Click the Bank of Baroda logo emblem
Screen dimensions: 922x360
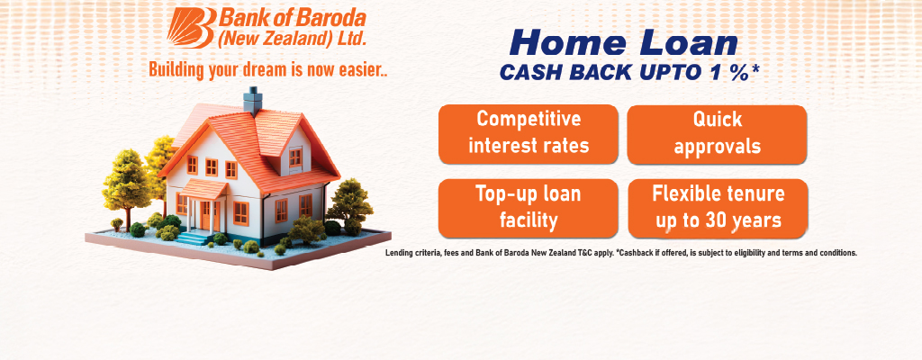tap(191, 27)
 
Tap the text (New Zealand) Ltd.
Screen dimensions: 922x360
tap(293, 39)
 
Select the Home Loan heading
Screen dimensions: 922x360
tap(624, 44)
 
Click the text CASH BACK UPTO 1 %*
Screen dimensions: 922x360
tap(628, 72)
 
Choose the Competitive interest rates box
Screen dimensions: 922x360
tap(528, 134)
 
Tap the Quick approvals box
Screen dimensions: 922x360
tap(717, 134)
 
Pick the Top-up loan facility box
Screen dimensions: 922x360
tap(528, 208)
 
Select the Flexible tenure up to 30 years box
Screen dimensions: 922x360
tap(718, 208)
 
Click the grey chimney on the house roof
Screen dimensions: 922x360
tap(253, 101)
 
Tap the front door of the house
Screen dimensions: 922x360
tap(205, 215)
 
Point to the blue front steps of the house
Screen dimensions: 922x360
tap(193, 238)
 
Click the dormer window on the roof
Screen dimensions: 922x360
tap(295, 157)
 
